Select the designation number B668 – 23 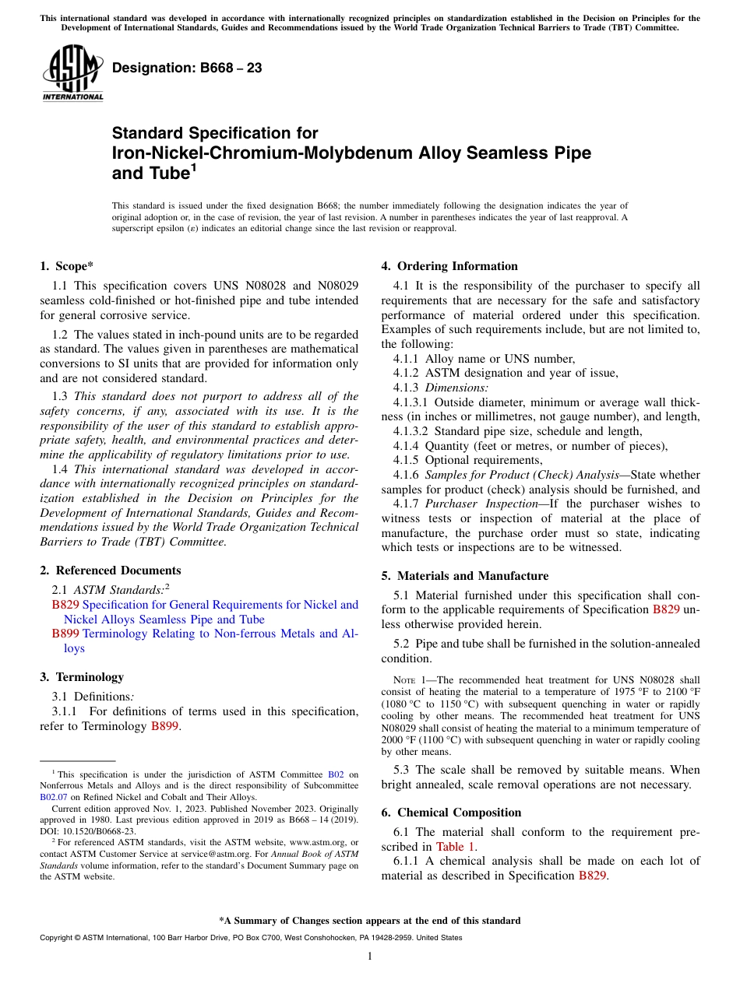coord(187,68)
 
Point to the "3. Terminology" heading coord(82,677)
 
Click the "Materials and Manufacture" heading coord(464,576)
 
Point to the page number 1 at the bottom coord(370,957)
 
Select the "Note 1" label coord(403,679)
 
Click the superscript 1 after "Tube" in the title coord(194,167)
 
